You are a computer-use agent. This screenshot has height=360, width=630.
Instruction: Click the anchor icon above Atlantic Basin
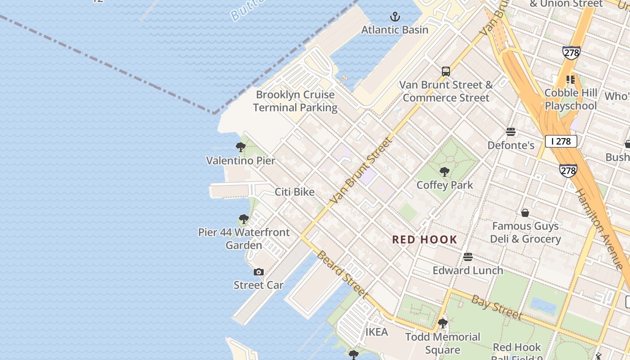click(395, 17)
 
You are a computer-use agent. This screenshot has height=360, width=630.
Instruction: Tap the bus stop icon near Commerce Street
click(446, 72)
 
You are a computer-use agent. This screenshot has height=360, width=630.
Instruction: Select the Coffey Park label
click(445, 185)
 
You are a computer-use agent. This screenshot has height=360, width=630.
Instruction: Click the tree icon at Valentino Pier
click(241, 147)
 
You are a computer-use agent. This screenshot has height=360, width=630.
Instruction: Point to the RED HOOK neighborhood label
click(424, 240)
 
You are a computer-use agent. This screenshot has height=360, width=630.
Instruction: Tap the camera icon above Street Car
click(259, 272)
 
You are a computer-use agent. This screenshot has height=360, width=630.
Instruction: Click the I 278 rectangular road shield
click(561, 141)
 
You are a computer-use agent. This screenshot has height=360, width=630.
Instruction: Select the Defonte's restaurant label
click(511, 145)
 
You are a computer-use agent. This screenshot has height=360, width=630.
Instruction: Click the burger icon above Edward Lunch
click(468, 257)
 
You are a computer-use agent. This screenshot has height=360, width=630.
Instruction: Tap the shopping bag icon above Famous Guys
click(525, 212)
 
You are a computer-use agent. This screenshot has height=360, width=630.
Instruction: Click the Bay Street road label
click(496, 307)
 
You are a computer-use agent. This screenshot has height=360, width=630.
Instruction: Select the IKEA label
click(377, 332)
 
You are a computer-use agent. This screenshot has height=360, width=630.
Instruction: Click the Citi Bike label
click(295, 192)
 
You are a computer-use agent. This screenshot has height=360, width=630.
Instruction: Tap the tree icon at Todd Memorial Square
click(443, 324)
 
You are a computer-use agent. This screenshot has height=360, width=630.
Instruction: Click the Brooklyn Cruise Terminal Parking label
click(295, 101)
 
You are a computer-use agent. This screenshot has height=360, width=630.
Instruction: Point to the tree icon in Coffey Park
click(445, 171)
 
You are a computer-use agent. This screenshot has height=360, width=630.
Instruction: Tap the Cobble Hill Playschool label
click(571, 99)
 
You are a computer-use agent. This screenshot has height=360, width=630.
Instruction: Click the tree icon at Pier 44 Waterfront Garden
click(243, 220)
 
